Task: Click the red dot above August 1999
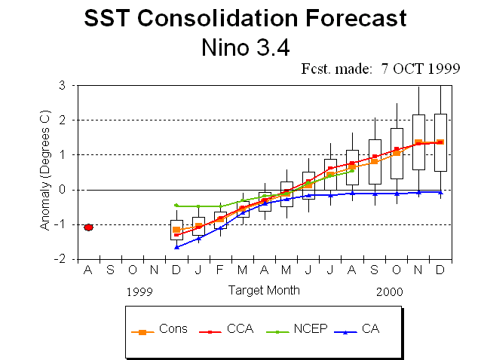tap(88, 227)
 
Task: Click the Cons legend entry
tap(161, 329)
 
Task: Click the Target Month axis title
tap(264, 290)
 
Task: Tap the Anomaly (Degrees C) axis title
tap(46, 172)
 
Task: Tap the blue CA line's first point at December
tap(176, 247)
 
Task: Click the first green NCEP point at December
tap(176, 205)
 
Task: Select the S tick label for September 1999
tap(110, 270)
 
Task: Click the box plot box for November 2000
tap(418, 142)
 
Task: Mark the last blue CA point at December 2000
tap(440, 192)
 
